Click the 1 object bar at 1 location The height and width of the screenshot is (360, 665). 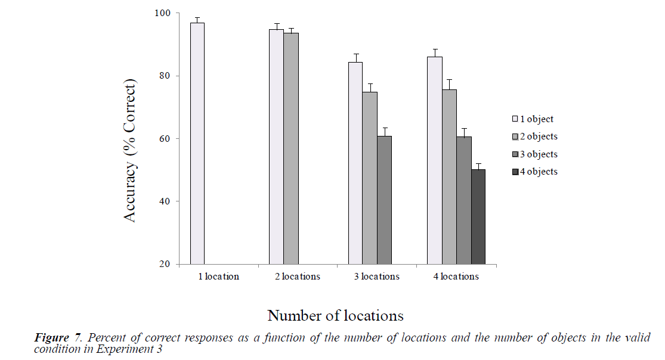[197, 143]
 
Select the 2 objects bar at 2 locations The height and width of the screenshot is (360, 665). [291, 148]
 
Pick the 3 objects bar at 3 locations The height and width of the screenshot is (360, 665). [384, 200]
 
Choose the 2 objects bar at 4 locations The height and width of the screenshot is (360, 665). [449, 176]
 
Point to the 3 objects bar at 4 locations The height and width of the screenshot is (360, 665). [464, 200]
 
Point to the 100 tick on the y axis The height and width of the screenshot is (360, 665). [162, 13]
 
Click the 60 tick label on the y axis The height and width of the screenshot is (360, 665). [165, 139]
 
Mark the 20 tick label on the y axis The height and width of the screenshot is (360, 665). [165, 264]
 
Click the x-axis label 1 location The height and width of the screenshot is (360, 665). [219, 277]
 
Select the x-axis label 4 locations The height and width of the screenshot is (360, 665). [456, 277]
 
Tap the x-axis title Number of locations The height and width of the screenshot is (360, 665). [335, 315]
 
